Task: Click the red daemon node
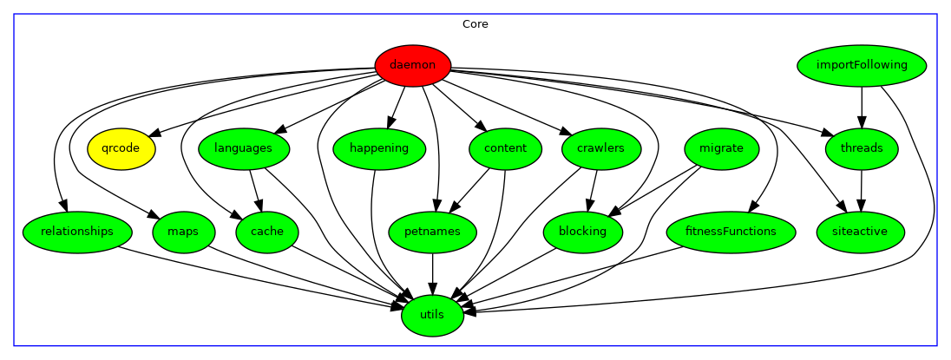tap(412, 65)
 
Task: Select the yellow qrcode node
tap(121, 148)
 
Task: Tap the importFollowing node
tap(862, 65)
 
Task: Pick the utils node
tap(432, 315)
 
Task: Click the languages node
tap(244, 148)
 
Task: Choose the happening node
tap(379, 148)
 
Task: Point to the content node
tap(505, 148)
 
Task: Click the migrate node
tap(721, 148)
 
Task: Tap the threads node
tap(862, 148)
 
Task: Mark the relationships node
tap(77, 232)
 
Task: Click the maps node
tap(183, 232)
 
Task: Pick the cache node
tap(266, 232)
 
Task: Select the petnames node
tap(432, 232)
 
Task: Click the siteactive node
tap(861, 232)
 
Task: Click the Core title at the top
tap(475, 24)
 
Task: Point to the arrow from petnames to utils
tap(432, 273)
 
